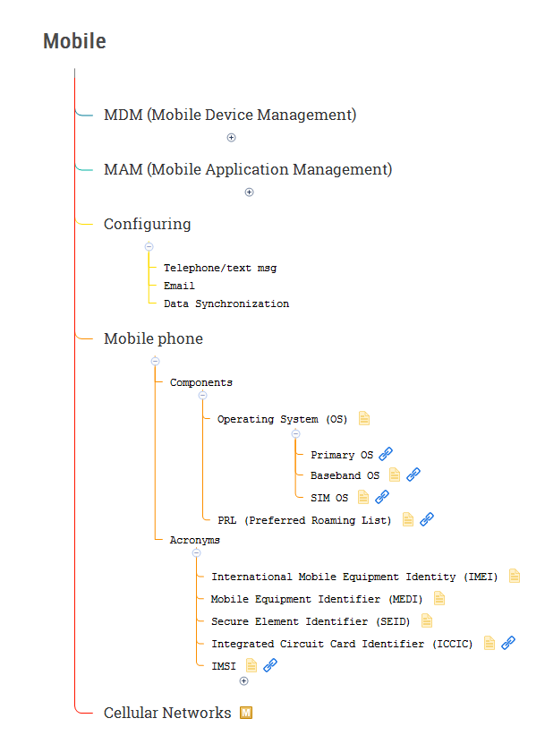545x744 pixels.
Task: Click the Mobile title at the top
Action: click(74, 41)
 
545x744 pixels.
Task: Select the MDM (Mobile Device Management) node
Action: click(230, 115)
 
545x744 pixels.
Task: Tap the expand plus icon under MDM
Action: click(231, 138)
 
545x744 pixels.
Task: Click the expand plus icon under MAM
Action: click(250, 192)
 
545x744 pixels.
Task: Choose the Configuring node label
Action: click(147, 224)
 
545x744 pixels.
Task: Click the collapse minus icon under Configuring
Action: click(149, 247)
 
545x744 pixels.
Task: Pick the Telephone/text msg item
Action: click(220, 268)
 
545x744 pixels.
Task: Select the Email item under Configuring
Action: click(179, 286)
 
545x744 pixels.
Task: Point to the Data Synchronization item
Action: click(226, 304)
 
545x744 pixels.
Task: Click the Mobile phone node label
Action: click(153, 338)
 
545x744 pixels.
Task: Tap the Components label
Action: click(200, 382)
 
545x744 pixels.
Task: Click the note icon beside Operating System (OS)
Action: click(364, 418)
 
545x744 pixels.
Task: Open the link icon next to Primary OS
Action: click(386, 454)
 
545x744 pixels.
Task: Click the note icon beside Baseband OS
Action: click(395, 475)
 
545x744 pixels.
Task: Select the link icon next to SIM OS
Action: click(382, 497)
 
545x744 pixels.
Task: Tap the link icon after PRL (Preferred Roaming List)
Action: click(427, 519)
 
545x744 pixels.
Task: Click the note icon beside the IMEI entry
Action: click(515, 577)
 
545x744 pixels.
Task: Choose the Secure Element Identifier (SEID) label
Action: click(310, 621)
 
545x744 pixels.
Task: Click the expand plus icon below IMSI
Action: click(243, 681)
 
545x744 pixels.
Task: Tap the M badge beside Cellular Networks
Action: click(246, 713)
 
